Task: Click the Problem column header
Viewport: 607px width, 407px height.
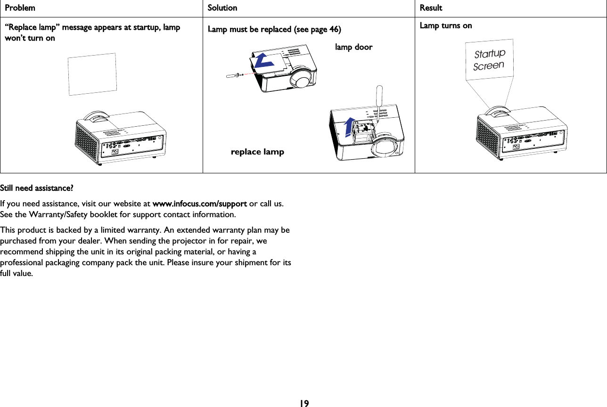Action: (20, 8)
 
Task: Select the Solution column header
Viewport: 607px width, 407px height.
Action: (222, 8)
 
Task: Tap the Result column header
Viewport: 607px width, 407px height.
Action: (431, 8)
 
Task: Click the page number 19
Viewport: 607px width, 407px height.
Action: (304, 403)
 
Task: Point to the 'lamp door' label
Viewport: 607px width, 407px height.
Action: (353, 47)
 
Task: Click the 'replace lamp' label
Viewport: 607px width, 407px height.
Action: (257, 152)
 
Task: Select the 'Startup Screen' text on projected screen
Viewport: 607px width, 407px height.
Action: (489, 59)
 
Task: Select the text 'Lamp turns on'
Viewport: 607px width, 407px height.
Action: (445, 25)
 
